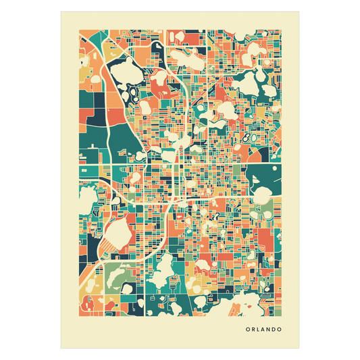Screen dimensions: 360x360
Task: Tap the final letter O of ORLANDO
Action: pos(280,330)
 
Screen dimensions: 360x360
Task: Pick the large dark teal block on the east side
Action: pos(263,179)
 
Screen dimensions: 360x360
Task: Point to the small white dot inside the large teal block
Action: pos(275,168)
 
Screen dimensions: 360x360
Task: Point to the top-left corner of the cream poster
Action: pos(59,10)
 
